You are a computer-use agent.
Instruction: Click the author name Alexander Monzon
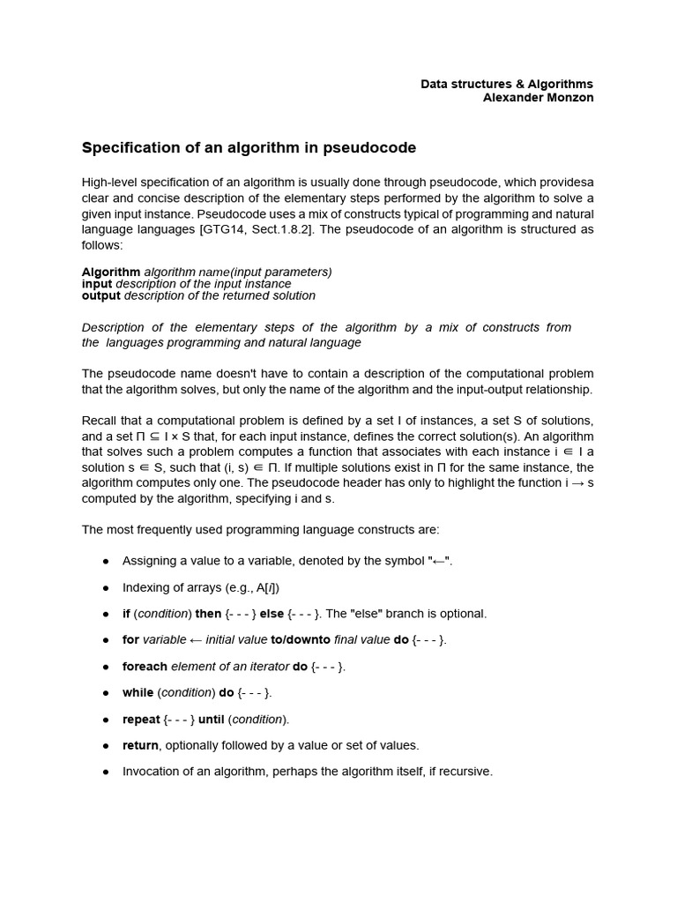click(x=538, y=98)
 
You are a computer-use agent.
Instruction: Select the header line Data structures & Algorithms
click(x=507, y=84)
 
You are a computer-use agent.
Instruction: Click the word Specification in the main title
click(x=129, y=147)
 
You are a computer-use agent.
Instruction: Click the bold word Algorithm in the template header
click(x=111, y=272)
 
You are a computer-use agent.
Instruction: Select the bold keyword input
click(x=97, y=284)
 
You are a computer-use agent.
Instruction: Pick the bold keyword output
click(x=101, y=296)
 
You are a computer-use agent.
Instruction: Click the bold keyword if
click(x=126, y=614)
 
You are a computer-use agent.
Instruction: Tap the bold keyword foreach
click(x=145, y=667)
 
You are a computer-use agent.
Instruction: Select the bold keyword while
click(x=138, y=693)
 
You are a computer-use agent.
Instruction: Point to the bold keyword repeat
click(x=141, y=720)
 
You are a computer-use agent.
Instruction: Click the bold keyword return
click(x=140, y=746)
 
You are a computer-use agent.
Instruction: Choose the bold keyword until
click(x=212, y=720)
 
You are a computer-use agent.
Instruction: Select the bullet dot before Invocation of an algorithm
click(x=106, y=772)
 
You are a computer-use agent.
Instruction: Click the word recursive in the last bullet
click(x=465, y=772)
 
